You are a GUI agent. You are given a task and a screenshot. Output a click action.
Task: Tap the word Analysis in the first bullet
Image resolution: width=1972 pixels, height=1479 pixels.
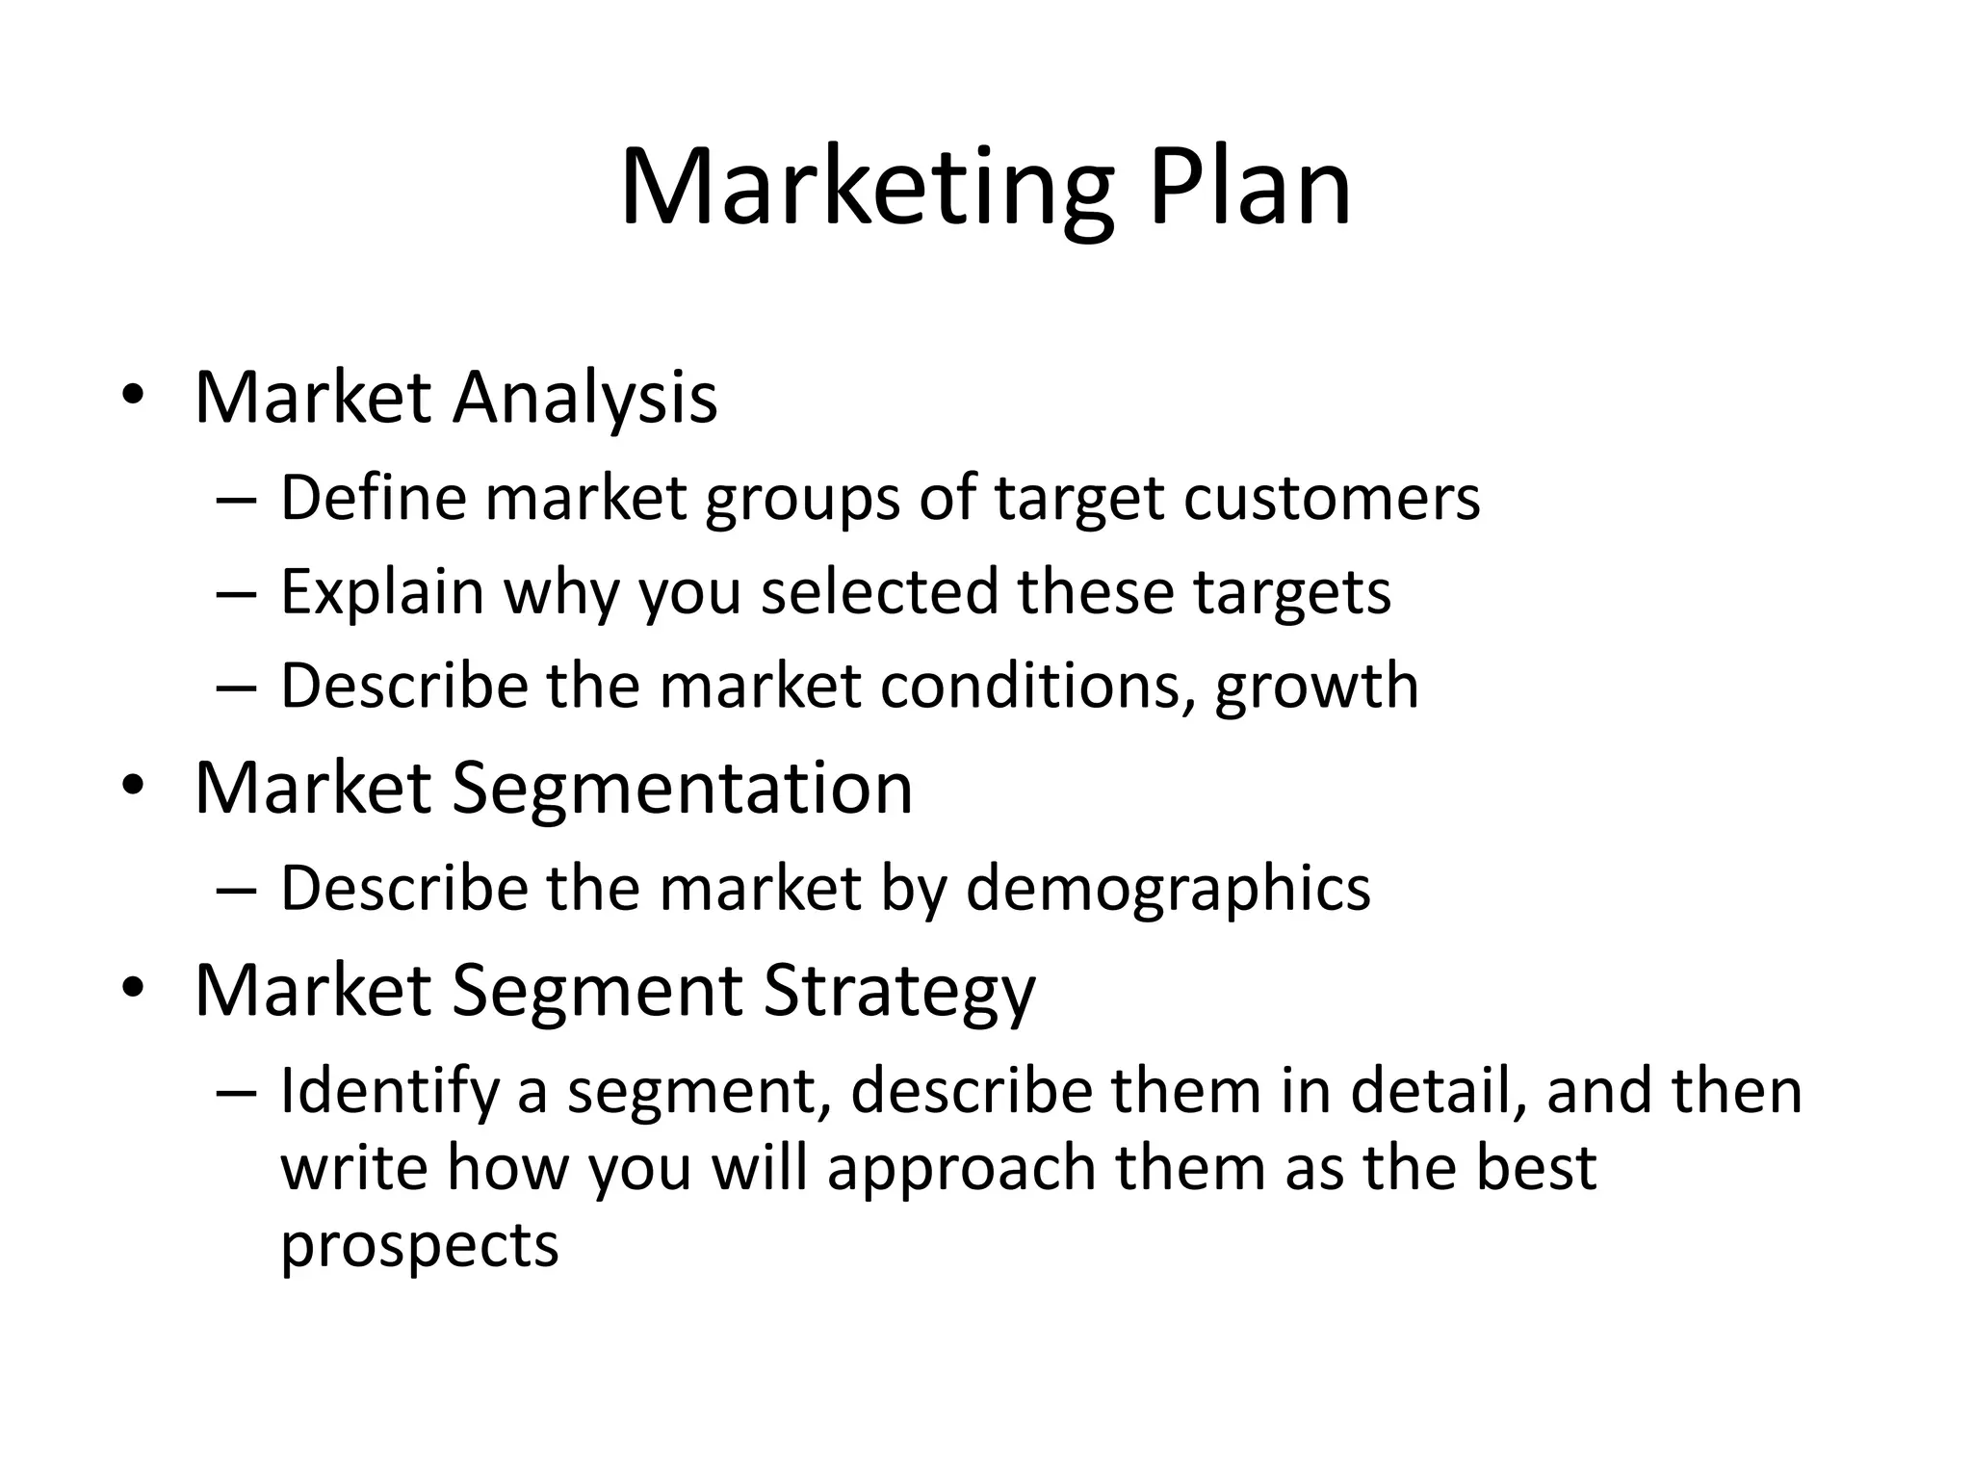(x=585, y=397)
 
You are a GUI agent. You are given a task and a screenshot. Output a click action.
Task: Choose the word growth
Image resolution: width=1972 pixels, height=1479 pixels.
(x=1316, y=686)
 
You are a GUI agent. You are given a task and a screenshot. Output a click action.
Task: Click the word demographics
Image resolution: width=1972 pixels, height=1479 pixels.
(x=1168, y=888)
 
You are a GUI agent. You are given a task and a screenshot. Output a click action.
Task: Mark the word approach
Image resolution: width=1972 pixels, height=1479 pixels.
(x=962, y=1168)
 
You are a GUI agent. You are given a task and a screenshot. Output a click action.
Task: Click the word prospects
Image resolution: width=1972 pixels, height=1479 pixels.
(x=419, y=1245)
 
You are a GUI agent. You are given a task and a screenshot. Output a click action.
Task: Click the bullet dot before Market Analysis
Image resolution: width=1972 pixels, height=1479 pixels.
(x=133, y=398)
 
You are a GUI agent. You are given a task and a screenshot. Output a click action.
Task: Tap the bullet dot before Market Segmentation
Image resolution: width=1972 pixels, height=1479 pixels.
(x=133, y=789)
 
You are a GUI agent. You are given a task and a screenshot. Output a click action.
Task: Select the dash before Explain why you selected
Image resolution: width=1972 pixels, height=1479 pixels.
(x=237, y=594)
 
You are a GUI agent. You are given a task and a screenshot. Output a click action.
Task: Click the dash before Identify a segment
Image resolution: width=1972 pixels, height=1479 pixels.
(x=237, y=1094)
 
